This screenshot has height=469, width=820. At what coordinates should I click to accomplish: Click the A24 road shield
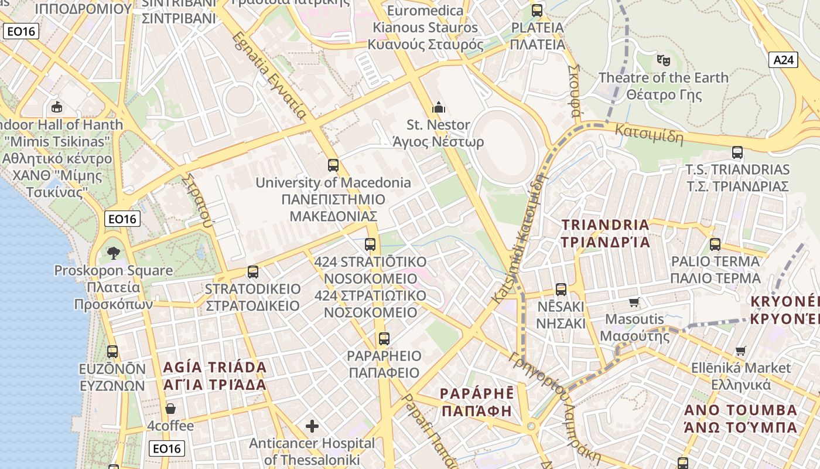[783, 59]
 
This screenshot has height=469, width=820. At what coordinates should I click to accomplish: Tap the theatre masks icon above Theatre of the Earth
[663, 59]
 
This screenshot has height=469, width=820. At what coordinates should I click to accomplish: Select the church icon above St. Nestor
[438, 107]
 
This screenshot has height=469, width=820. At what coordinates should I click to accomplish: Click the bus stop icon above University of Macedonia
[333, 165]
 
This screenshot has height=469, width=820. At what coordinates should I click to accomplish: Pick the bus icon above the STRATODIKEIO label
[253, 271]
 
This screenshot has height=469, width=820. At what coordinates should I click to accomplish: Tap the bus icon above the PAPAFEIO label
[384, 338]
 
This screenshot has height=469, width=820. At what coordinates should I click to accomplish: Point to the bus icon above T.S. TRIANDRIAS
[737, 152]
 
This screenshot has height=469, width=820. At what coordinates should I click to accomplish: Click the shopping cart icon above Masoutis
[634, 303]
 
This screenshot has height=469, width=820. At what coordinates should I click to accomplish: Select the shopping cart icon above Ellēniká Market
[741, 351]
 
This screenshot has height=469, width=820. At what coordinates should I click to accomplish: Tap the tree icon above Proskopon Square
[113, 253]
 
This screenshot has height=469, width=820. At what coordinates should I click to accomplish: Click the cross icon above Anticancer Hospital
[312, 426]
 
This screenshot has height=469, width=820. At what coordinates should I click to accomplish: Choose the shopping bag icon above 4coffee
[170, 409]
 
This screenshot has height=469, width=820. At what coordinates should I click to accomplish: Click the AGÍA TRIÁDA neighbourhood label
[214, 376]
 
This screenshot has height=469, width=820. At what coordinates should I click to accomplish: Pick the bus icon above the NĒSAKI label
[561, 289]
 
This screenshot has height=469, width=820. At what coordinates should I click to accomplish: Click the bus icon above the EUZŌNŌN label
[112, 352]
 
